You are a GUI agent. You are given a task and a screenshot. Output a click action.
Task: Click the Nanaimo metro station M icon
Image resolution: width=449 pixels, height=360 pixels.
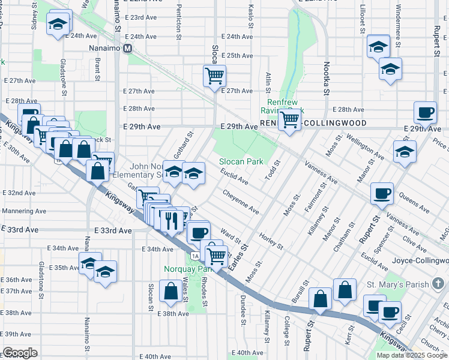tap(128, 49)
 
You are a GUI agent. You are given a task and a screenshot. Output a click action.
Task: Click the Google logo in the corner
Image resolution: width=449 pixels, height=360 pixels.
tap(20, 352)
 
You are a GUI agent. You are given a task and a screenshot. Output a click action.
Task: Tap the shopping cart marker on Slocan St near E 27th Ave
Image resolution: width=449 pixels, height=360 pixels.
tap(214, 76)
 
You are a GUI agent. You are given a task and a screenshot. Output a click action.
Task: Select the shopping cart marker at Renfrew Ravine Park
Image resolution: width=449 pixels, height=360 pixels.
tap(290, 119)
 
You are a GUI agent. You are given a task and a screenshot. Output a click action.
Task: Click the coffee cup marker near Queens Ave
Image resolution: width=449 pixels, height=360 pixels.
tap(382, 194)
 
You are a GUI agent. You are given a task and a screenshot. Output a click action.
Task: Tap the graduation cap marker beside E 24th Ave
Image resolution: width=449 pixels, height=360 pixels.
tap(58, 25)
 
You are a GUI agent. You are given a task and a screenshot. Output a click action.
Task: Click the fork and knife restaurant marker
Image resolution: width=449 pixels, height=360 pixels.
tap(171, 220)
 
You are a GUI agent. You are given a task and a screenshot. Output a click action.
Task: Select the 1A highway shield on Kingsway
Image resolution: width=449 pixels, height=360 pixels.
tap(195, 256)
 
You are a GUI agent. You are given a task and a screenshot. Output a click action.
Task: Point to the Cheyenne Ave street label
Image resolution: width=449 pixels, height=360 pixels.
tap(241, 202)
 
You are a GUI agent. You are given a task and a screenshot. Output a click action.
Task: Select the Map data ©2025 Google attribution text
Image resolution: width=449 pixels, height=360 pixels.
tap(412, 355)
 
